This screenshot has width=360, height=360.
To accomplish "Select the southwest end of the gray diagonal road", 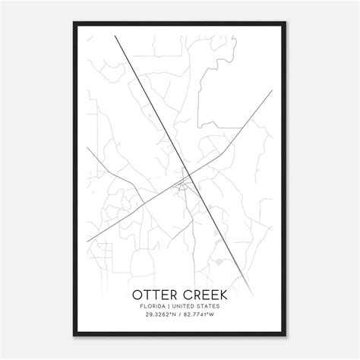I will point(87,242).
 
